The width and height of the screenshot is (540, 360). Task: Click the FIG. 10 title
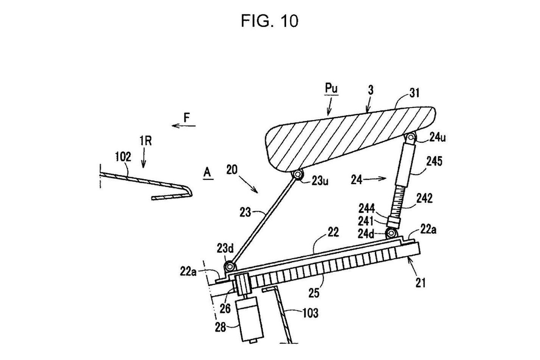(x=269, y=21)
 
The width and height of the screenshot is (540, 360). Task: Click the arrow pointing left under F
(x=183, y=126)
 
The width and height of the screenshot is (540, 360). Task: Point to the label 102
(x=123, y=157)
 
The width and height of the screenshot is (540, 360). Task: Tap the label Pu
(x=331, y=89)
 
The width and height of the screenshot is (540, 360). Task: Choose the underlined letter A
(x=207, y=172)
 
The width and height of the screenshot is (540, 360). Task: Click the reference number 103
(x=310, y=313)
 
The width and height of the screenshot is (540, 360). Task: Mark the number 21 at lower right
(x=420, y=282)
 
